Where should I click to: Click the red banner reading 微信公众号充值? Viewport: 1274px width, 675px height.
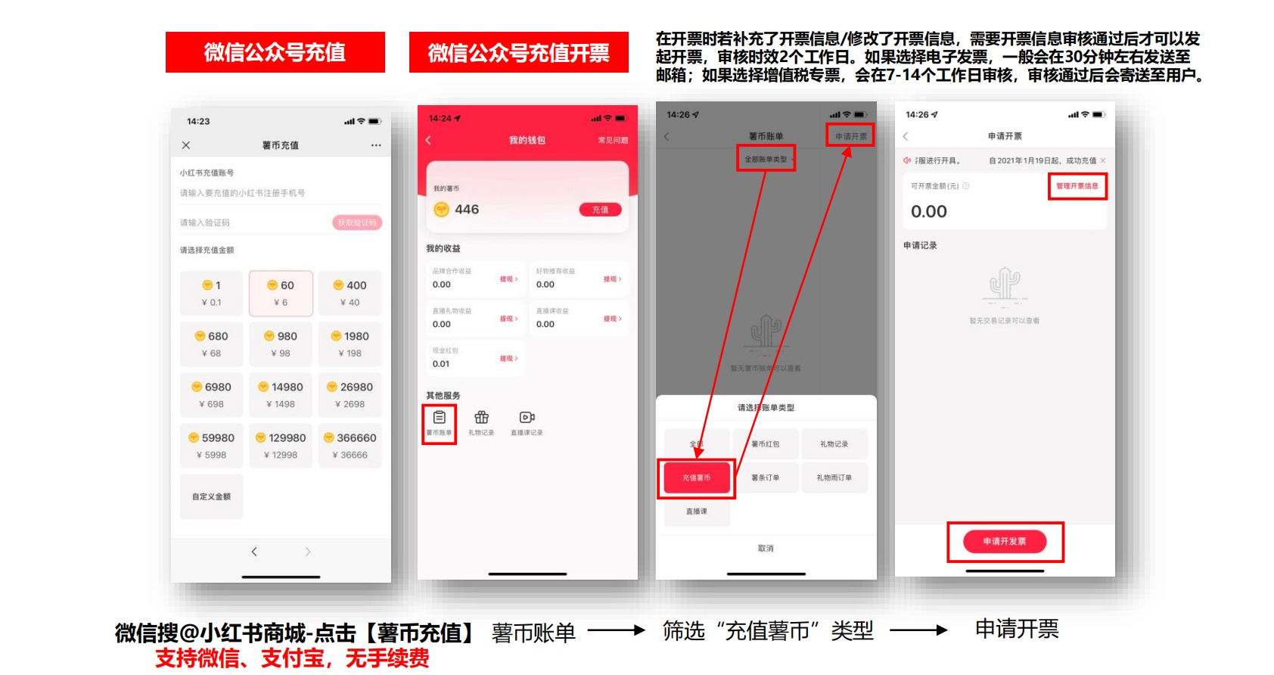coord(275,52)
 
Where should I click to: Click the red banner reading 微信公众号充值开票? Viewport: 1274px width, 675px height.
coord(518,52)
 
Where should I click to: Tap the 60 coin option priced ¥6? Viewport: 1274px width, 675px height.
coord(281,293)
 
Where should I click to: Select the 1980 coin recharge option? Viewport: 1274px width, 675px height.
coord(350,344)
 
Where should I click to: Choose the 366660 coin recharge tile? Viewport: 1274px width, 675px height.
coord(350,445)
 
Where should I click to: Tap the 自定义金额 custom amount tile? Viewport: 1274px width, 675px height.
coord(211,496)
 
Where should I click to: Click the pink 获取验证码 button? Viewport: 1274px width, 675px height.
coord(357,222)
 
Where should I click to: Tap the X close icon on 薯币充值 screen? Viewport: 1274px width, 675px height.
coord(186,145)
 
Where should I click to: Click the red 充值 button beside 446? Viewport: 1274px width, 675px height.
coord(600,210)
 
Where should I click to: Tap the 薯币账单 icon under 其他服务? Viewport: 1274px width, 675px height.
coord(439,422)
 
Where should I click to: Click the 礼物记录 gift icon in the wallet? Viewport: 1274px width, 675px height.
coord(481,422)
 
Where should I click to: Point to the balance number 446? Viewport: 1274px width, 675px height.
coord(467,210)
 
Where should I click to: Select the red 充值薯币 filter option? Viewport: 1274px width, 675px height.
coord(696,477)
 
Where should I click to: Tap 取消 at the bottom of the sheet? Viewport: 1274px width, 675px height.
coord(766,548)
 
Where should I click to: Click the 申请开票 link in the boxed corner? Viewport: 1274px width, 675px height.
coord(850,136)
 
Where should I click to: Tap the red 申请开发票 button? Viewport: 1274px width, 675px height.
coord(1005,541)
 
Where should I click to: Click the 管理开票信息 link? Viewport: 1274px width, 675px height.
coord(1077,185)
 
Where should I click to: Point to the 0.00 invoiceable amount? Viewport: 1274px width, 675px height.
coord(929,212)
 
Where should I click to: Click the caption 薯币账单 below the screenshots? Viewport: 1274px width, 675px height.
coord(533,633)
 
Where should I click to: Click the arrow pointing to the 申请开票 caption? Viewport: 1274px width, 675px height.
coord(918,630)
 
